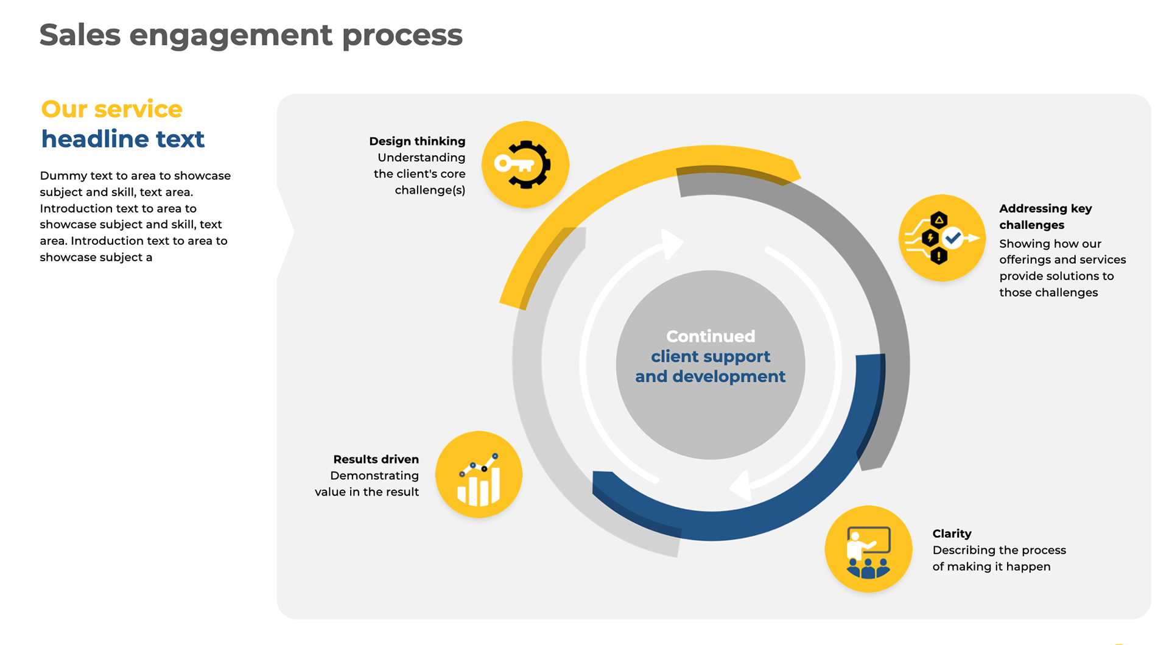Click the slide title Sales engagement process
[251, 35]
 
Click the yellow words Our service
[111, 110]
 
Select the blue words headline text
[122, 139]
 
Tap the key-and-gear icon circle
[525, 164]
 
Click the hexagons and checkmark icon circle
[941, 238]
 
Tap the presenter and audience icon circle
[868, 549]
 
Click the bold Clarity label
[952, 534]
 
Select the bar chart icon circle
[479, 474]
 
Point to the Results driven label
[376, 459]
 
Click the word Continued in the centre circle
[710, 336]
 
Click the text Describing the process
[999, 550]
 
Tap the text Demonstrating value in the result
[367, 484]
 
